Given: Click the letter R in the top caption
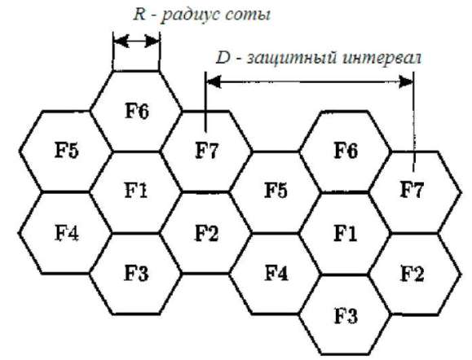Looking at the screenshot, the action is (x=139, y=14).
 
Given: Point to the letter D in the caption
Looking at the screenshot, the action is (x=223, y=58).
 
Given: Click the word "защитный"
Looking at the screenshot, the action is (x=291, y=59).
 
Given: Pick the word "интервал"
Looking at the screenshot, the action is (x=382, y=58).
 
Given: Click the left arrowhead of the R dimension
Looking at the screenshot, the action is (x=121, y=41).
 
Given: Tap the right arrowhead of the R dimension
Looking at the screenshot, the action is (x=152, y=41).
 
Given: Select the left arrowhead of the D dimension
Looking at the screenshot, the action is (x=214, y=81).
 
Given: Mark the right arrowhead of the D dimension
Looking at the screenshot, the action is (x=406, y=81).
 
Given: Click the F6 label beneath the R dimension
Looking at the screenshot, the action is (x=137, y=111).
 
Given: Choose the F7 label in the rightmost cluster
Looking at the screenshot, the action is (x=412, y=189).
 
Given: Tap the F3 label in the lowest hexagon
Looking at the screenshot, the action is (x=346, y=316).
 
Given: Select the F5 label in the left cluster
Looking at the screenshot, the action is (x=67, y=150).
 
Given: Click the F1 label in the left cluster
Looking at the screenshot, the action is (x=136, y=190).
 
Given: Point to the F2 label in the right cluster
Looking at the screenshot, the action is (x=412, y=274).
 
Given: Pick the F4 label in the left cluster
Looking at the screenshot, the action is (x=67, y=232).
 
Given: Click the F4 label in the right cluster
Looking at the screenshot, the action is (x=276, y=273).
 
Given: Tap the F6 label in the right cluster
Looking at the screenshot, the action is (x=346, y=150).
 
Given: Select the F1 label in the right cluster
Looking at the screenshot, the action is (x=346, y=233).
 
